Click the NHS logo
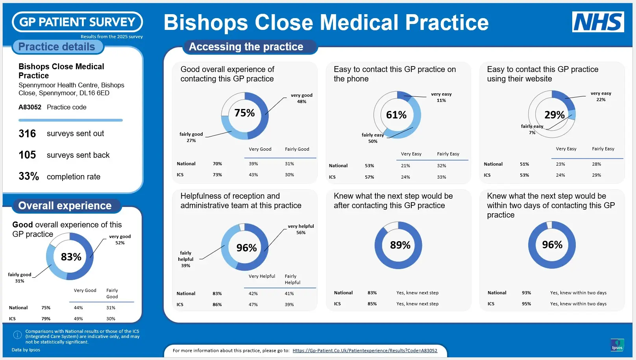pyautogui.click(x=597, y=22)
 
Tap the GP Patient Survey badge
pyautogui.click(x=77, y=22)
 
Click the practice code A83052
pyautogui.click(x=30, y=107)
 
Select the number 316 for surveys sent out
pyautogui.click(x=27, y=134)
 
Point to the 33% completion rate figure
pyautogui.click(x=29, y=176)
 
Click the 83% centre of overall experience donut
pyautogui.click(x=71, y=257)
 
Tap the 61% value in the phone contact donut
pyautogui.click(x=396, y=115)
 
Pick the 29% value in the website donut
pyautogui.click(x=554, y=115)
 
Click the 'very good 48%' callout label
pyautogui.click(x=301, y=98)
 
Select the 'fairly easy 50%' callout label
pyautogui.click(x=373, y=138)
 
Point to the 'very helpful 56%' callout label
pyautogui.click(x=301, y=229)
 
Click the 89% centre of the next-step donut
pyautogui.click(x=400, y=245)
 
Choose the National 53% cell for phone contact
pyautogui.click(x=369, y=166)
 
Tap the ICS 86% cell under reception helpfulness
pyautogui.click(x=217, y=305)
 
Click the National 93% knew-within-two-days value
pyautogui.click(x=526, y=293)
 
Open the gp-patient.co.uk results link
pyautogui.click(x=364, y=351)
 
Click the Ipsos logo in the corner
pyautogui.click(x=617, y=345)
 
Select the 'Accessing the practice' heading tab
pyautogui.click(x=246, y=47)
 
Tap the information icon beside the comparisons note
pyautogui.click(x=17, y=335)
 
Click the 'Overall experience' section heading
pyautogui.click(x=65, y=206)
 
